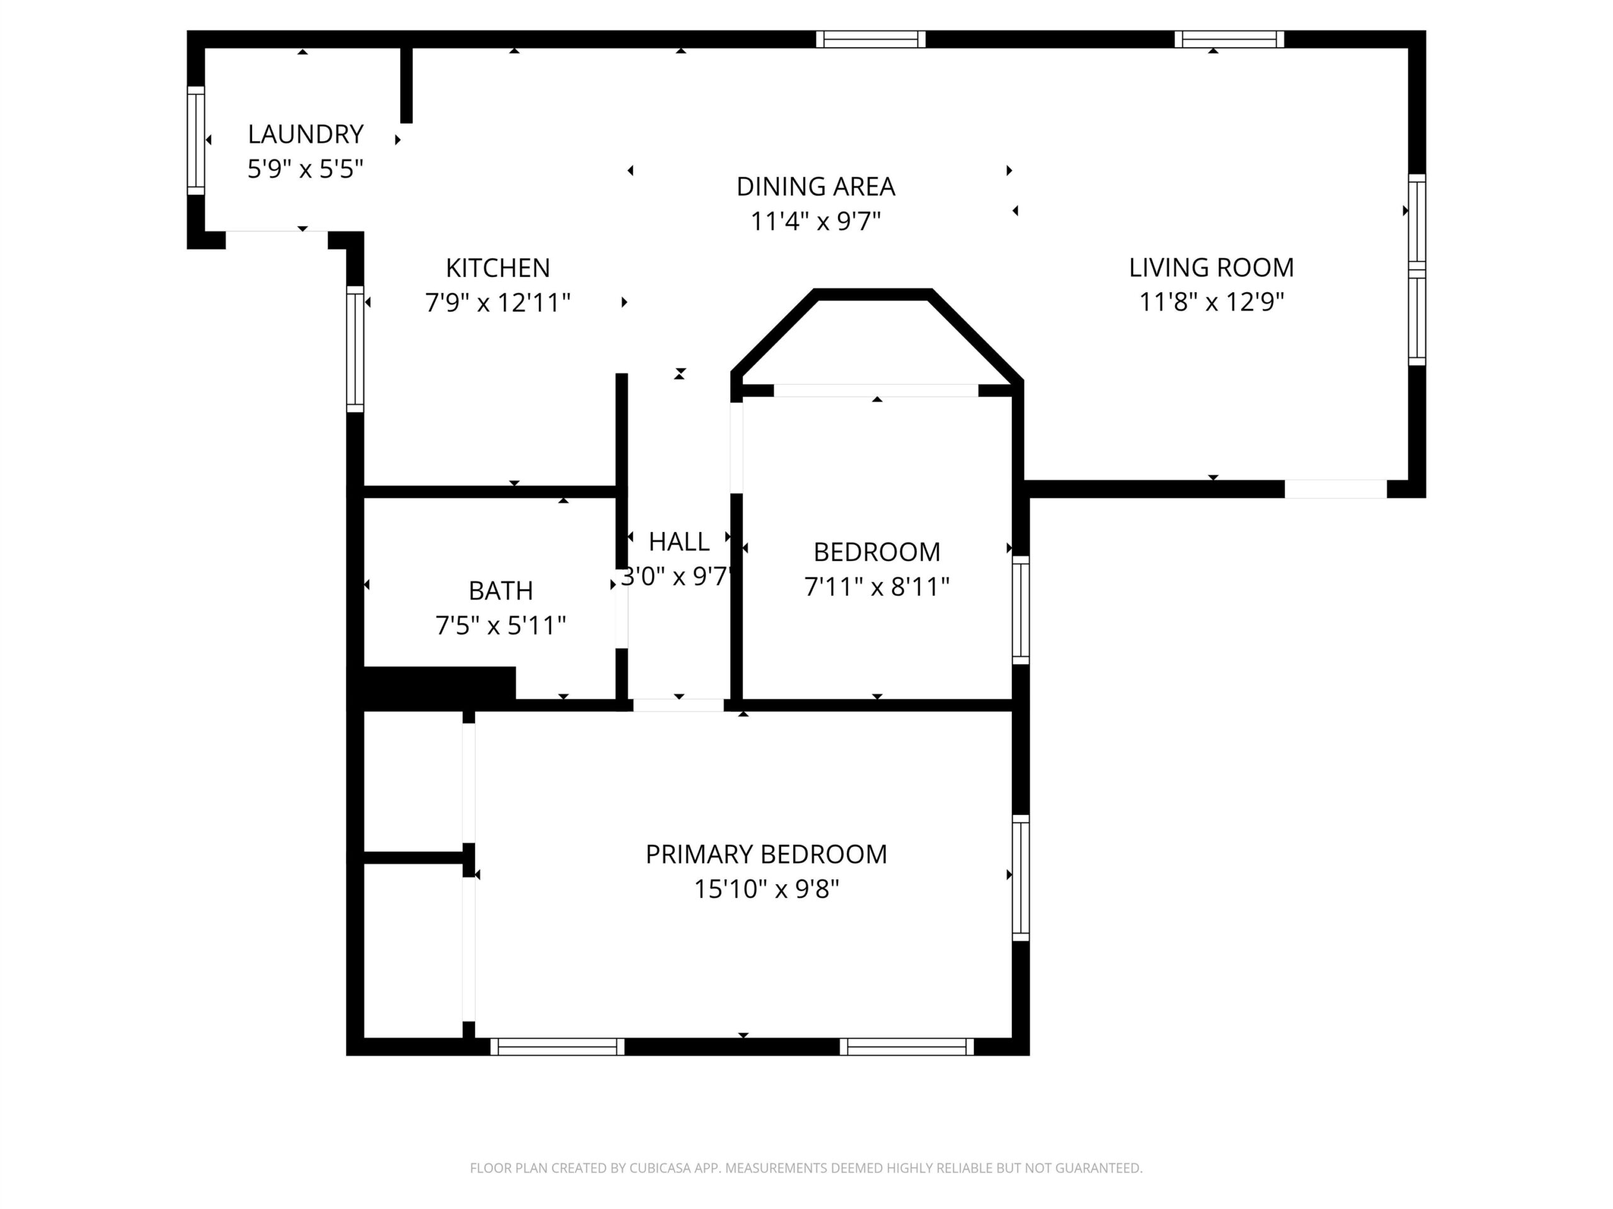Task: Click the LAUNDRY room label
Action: pos(306,134)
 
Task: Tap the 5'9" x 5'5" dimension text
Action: pos(306,169)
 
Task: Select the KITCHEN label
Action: pos(498,268)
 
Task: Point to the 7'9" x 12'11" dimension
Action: pos(498,302)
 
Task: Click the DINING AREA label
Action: pos(816,186)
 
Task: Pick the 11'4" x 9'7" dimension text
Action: pos(816,221)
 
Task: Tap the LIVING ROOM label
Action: pos(1212,268)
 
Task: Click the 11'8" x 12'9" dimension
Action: pos(1212,302)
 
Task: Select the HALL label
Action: pos(679,542)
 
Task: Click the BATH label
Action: pos(501,590)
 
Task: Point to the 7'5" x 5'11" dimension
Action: pos(501,625)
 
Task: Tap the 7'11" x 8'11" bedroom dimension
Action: pos(877,587)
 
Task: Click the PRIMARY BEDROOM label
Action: pos(766,854)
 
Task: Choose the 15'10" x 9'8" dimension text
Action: pos(766,889)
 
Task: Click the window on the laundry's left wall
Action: pos(196,140)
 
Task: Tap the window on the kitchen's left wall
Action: pos(355,349)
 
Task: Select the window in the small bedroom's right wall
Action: pos(1021,610)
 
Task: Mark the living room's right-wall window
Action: pos(1417,270)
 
